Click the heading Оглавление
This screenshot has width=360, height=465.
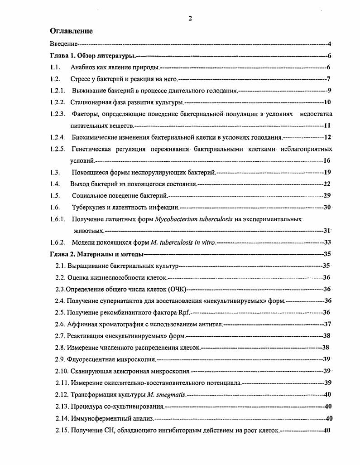coord(71,31)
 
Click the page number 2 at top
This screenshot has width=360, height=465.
coord(190,18)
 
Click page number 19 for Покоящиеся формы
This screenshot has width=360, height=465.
coord(327,172)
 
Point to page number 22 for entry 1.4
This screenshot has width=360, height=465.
coord(326,184)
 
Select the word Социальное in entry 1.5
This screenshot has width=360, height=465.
coord(89,196)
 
